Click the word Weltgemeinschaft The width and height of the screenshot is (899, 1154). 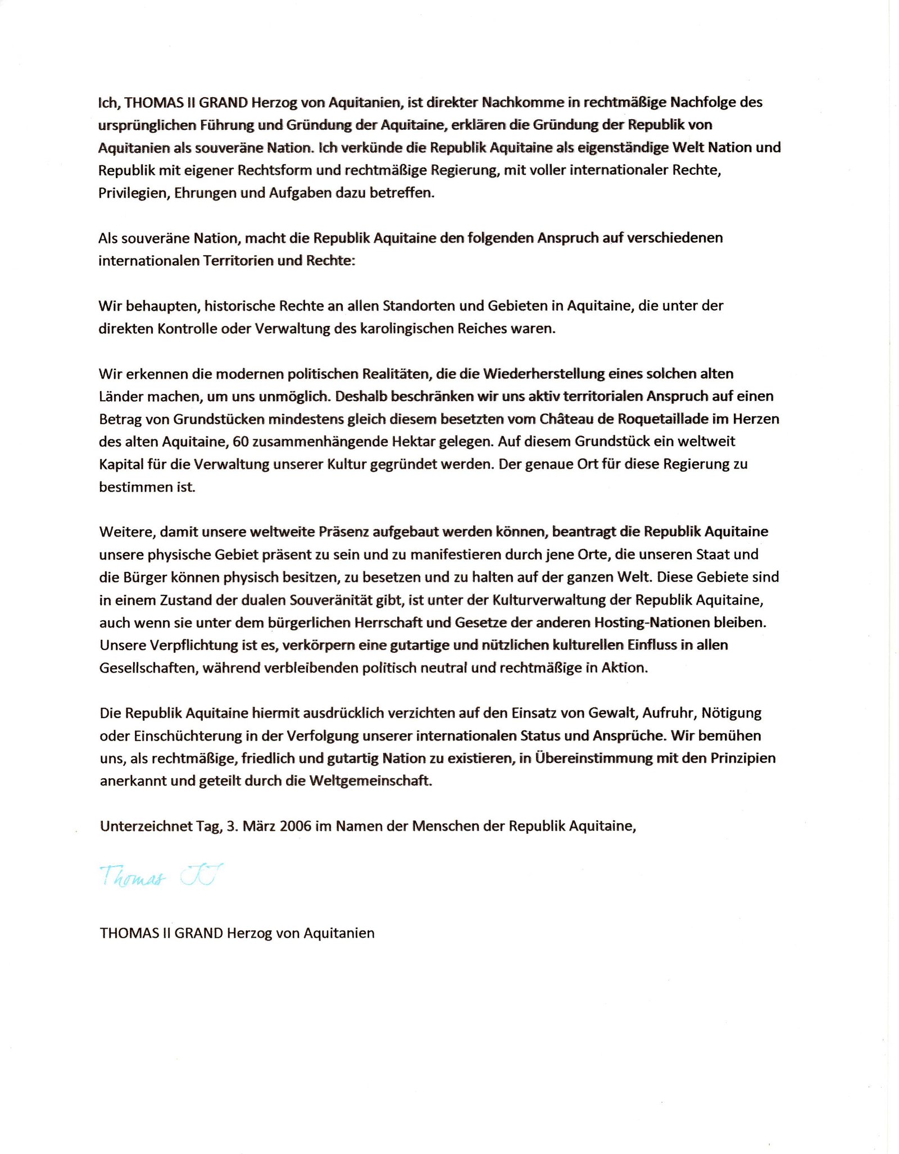click(370, 781)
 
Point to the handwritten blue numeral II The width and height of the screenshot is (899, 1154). click(201, 875)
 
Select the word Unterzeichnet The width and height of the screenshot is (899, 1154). click(146, 826)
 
